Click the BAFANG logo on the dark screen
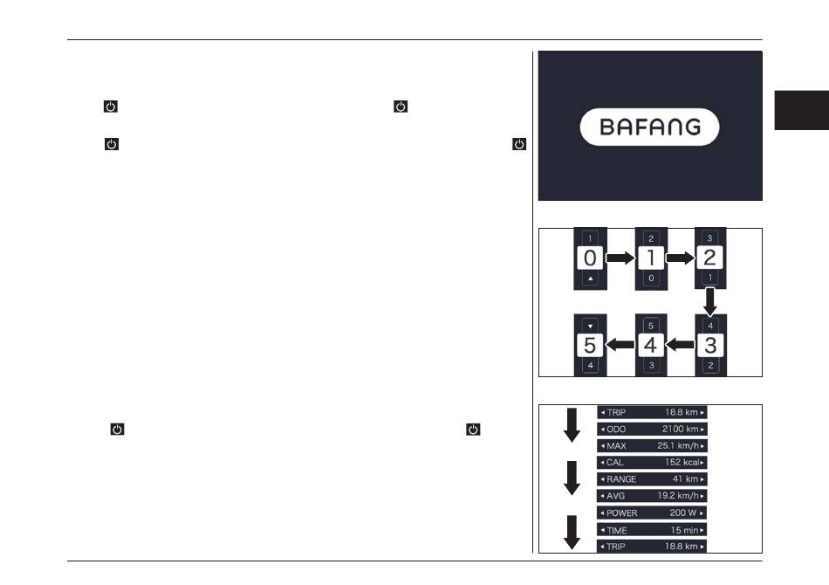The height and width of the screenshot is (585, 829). click(650, 127)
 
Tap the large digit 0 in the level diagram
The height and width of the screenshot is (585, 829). click(590, 258)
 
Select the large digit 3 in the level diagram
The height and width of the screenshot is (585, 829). click(710, 346)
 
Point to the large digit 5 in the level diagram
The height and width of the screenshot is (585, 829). click(590, 346)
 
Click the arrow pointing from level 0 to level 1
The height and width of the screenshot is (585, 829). click(620, 258)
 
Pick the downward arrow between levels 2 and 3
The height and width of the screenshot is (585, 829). click(710, 302)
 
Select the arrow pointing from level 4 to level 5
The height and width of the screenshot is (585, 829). click(620, 346)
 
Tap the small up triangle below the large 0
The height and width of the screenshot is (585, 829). click(591, 279)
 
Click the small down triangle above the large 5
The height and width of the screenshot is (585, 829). click(591, 327)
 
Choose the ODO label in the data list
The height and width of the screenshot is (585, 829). click(616, 429)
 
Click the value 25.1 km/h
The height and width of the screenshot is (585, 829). click(678, 446)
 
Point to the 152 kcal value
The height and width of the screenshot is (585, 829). click(682, 462)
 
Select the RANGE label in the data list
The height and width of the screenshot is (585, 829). click(621, 479)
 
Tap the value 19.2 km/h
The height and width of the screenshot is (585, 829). click(678, 496)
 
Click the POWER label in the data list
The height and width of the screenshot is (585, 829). click(621, 513)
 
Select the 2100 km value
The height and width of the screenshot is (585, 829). click(681, 429)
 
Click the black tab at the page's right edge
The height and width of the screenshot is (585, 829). click(801, 110)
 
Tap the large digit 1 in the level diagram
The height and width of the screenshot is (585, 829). click(651, 258)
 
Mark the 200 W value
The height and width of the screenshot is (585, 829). click(683, 513)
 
